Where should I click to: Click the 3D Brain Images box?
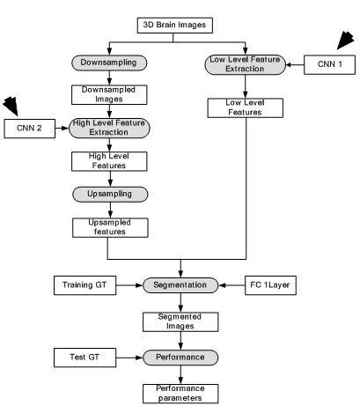[x=175, y=26]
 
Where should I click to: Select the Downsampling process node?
[x=109, y=63]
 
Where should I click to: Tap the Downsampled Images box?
[x=109, y=94]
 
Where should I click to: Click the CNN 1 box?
[x=329, y=64]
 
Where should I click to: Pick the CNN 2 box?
[x=29, y=129]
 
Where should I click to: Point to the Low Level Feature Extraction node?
[x=245, y=64]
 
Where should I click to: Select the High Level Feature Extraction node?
[x=109, y=128]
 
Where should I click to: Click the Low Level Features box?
[x=246, y=108]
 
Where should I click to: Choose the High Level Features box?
[x=109, y=161]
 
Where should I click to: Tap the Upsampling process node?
[x=110, y=195]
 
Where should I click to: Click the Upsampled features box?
[x=110, y=227]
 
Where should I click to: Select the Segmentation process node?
[x=180, y=285]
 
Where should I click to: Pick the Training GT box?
[x=84, y=285]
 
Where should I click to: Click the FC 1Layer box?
[x=270, y=285]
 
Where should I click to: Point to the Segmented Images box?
[x=180, y=322]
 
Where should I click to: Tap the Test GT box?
[x=84, y=358]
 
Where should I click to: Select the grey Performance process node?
[x=180, y=358]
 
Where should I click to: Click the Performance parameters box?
[x=180, y=394]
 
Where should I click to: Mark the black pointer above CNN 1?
[x=345, y=40]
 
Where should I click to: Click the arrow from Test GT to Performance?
[x=129, y=358]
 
